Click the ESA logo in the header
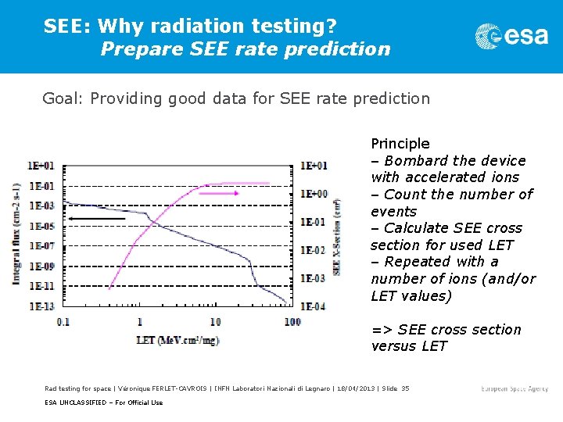511,35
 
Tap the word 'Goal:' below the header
64,98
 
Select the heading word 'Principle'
400,143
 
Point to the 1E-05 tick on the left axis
41,226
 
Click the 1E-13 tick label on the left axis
41,306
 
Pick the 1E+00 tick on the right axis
314,194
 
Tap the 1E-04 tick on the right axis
313,306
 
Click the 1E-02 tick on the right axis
313,250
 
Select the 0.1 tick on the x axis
63,322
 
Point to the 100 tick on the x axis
292,322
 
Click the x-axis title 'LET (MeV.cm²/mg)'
178,341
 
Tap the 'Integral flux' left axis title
16,234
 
